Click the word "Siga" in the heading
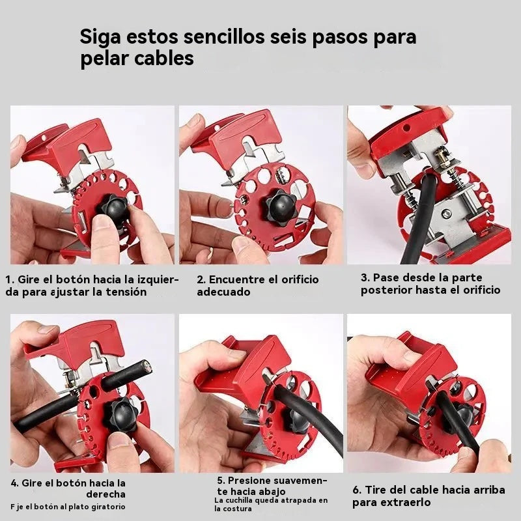100,38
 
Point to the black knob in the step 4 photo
120,415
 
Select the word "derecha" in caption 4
106,494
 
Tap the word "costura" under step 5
233,509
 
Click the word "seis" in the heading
288,38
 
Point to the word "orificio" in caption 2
300,279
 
